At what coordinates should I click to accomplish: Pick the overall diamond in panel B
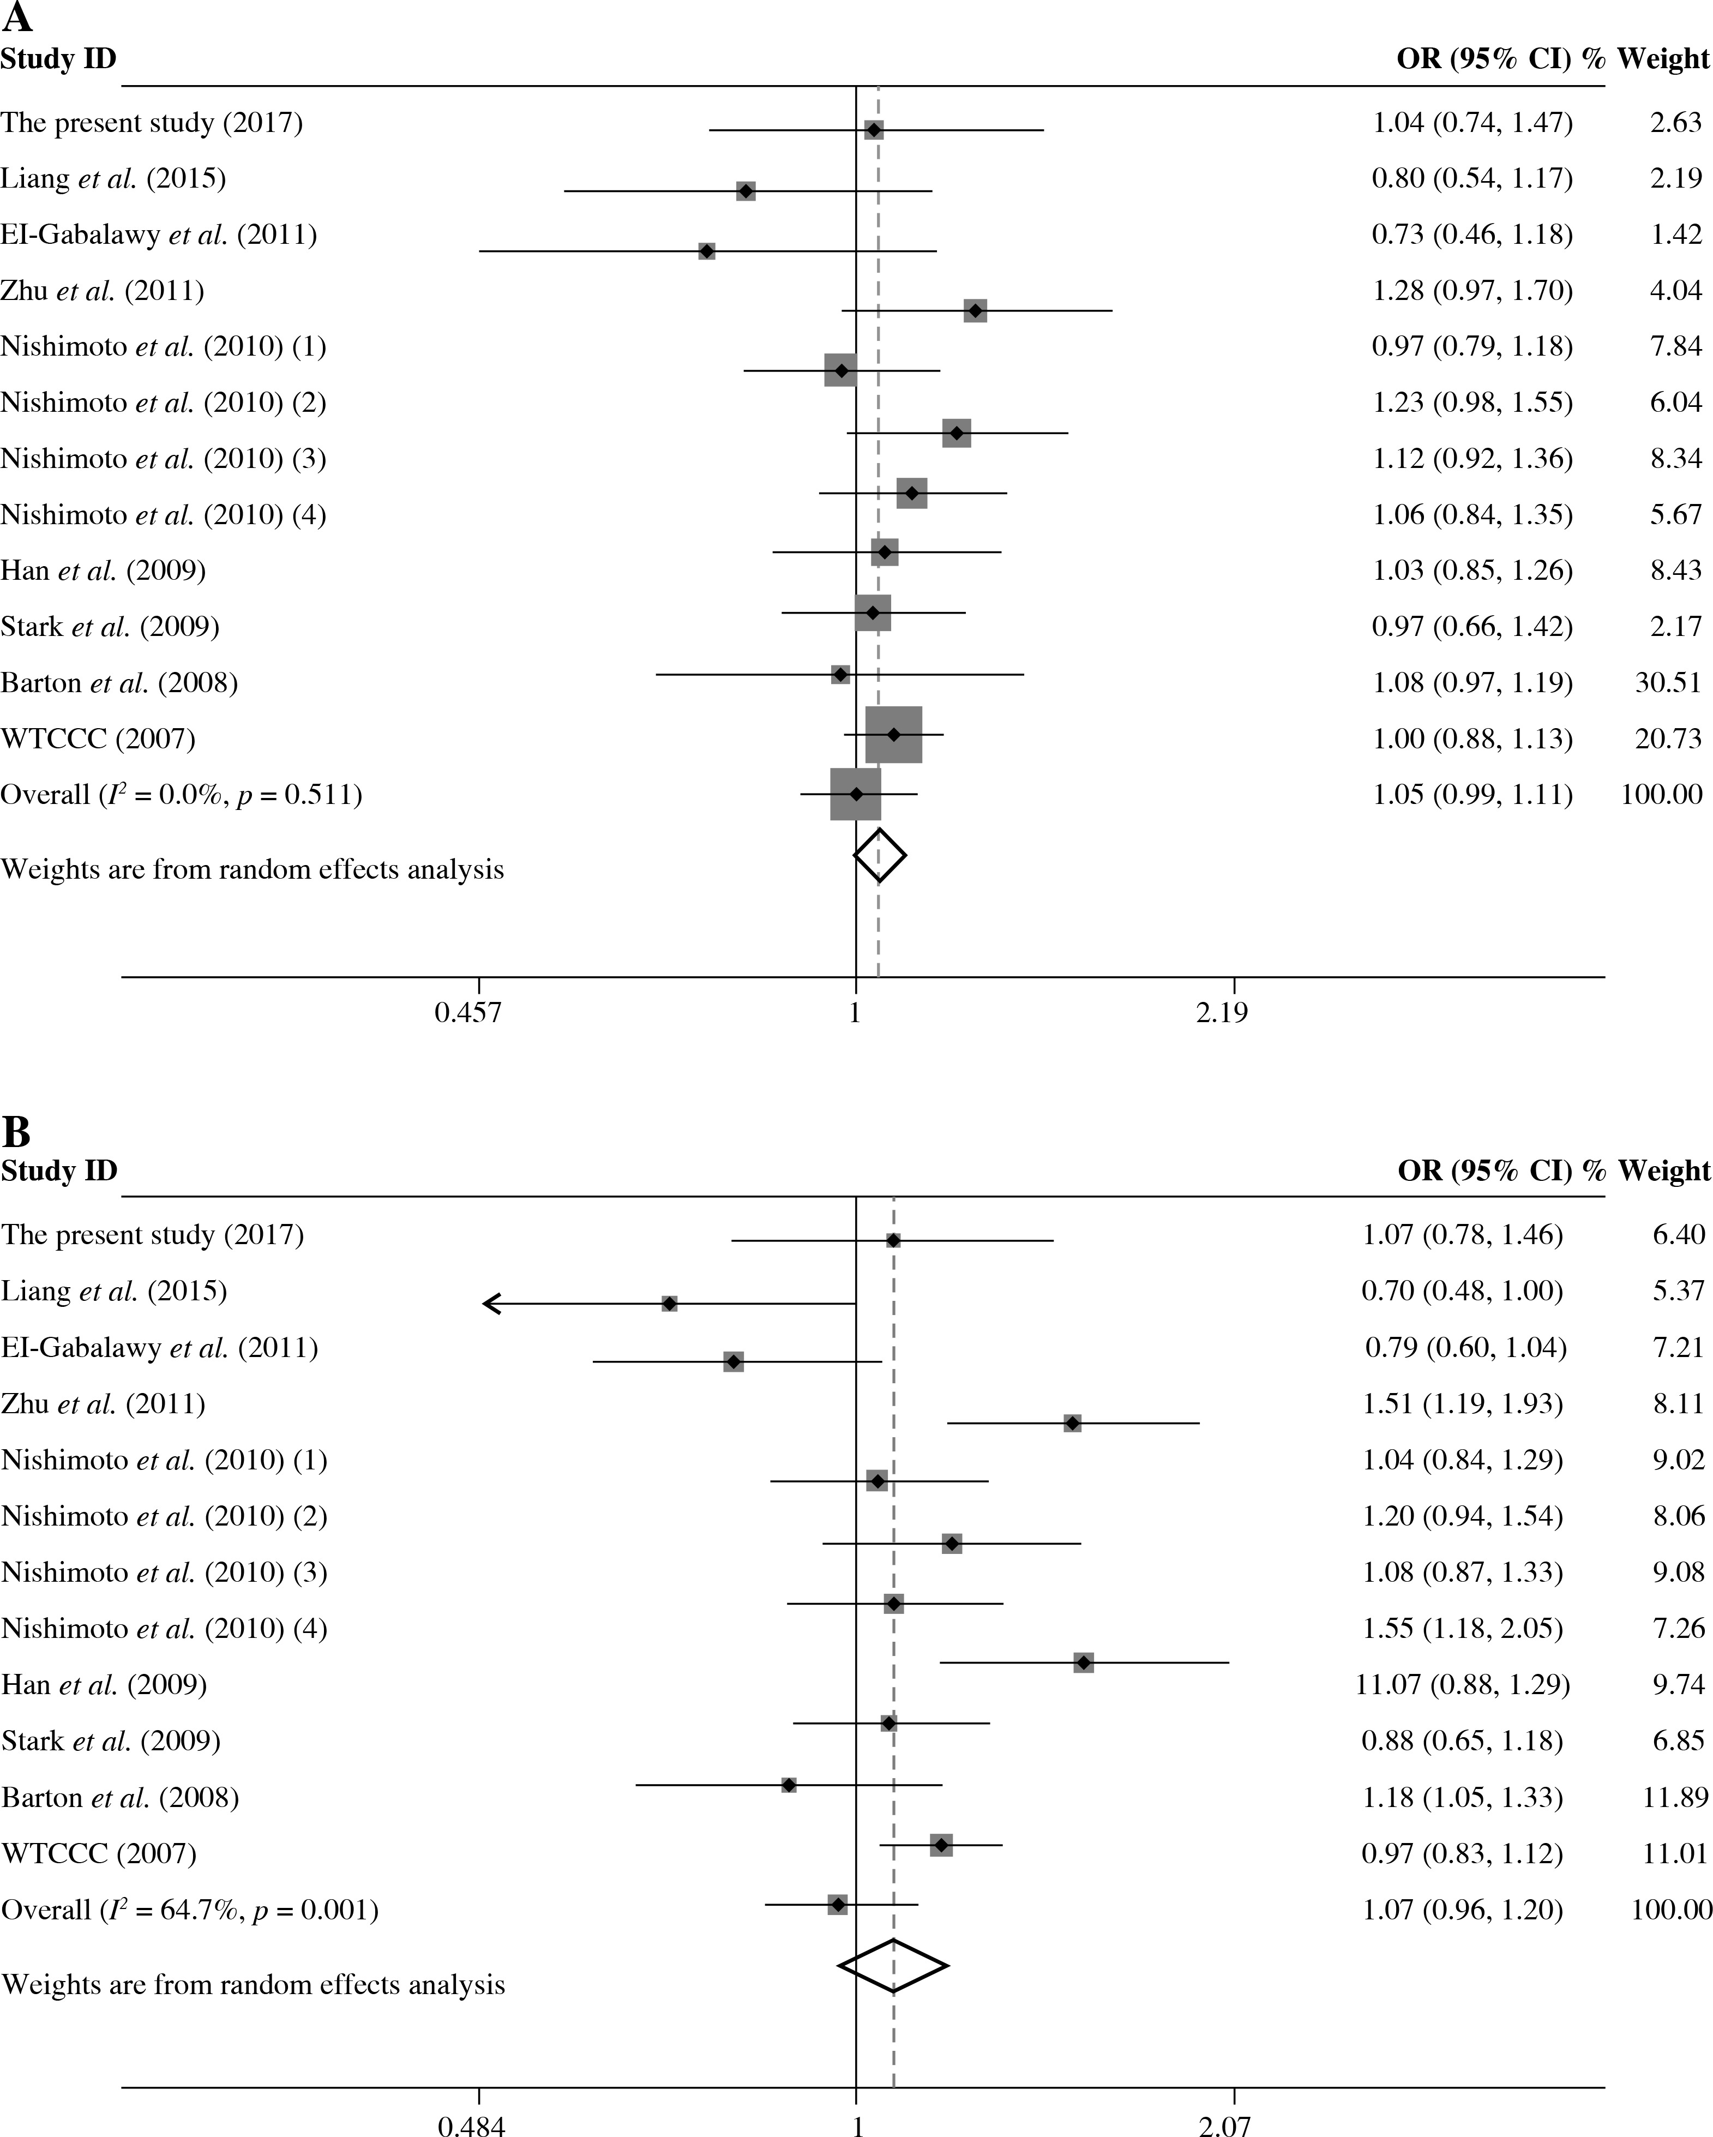pos(893,1966)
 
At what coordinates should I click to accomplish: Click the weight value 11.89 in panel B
pos(1674,1797)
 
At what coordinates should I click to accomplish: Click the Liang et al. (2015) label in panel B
pos(114,1292)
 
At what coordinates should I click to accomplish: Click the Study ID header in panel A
pos(58,59)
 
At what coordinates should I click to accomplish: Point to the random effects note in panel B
pos(253,1984)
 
